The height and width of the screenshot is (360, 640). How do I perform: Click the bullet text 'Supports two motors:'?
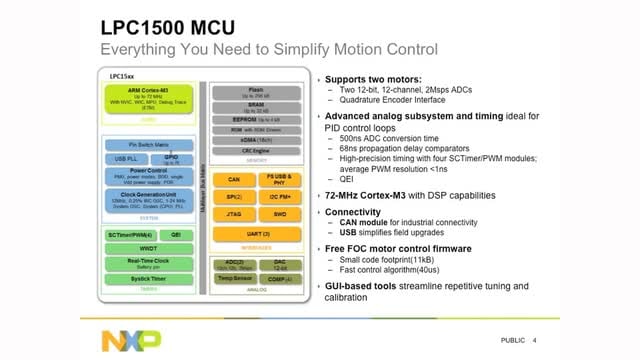(375, 77)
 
